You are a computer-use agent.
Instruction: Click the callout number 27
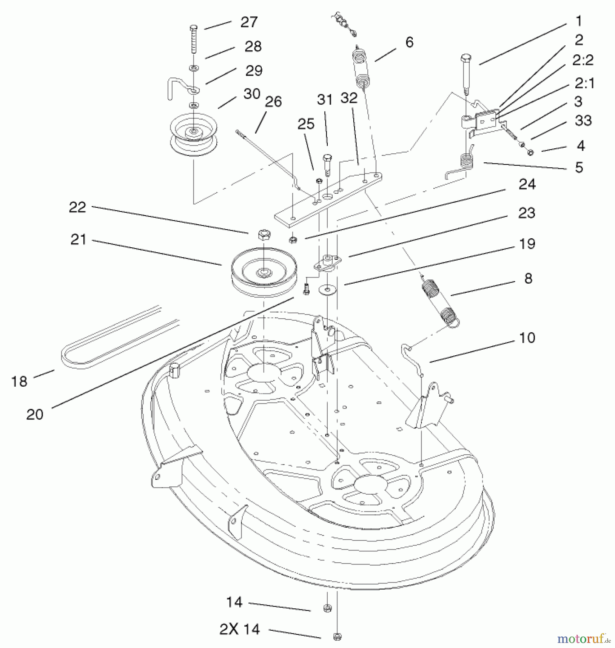click(x=249, y=22)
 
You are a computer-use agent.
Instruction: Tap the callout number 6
click(x=409, y=42)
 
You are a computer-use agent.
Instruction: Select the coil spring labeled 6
click(x=363, y=68)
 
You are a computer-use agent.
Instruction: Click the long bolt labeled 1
click(x=466, y=74)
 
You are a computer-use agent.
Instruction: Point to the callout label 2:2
click(x=583, y=60)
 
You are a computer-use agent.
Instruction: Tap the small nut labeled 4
click(x=530, y=153)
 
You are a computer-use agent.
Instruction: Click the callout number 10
click(x=527, y=338)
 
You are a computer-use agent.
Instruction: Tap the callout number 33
click(x=583, y=121)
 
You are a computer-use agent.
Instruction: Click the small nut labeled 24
click(x=293, y=239)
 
